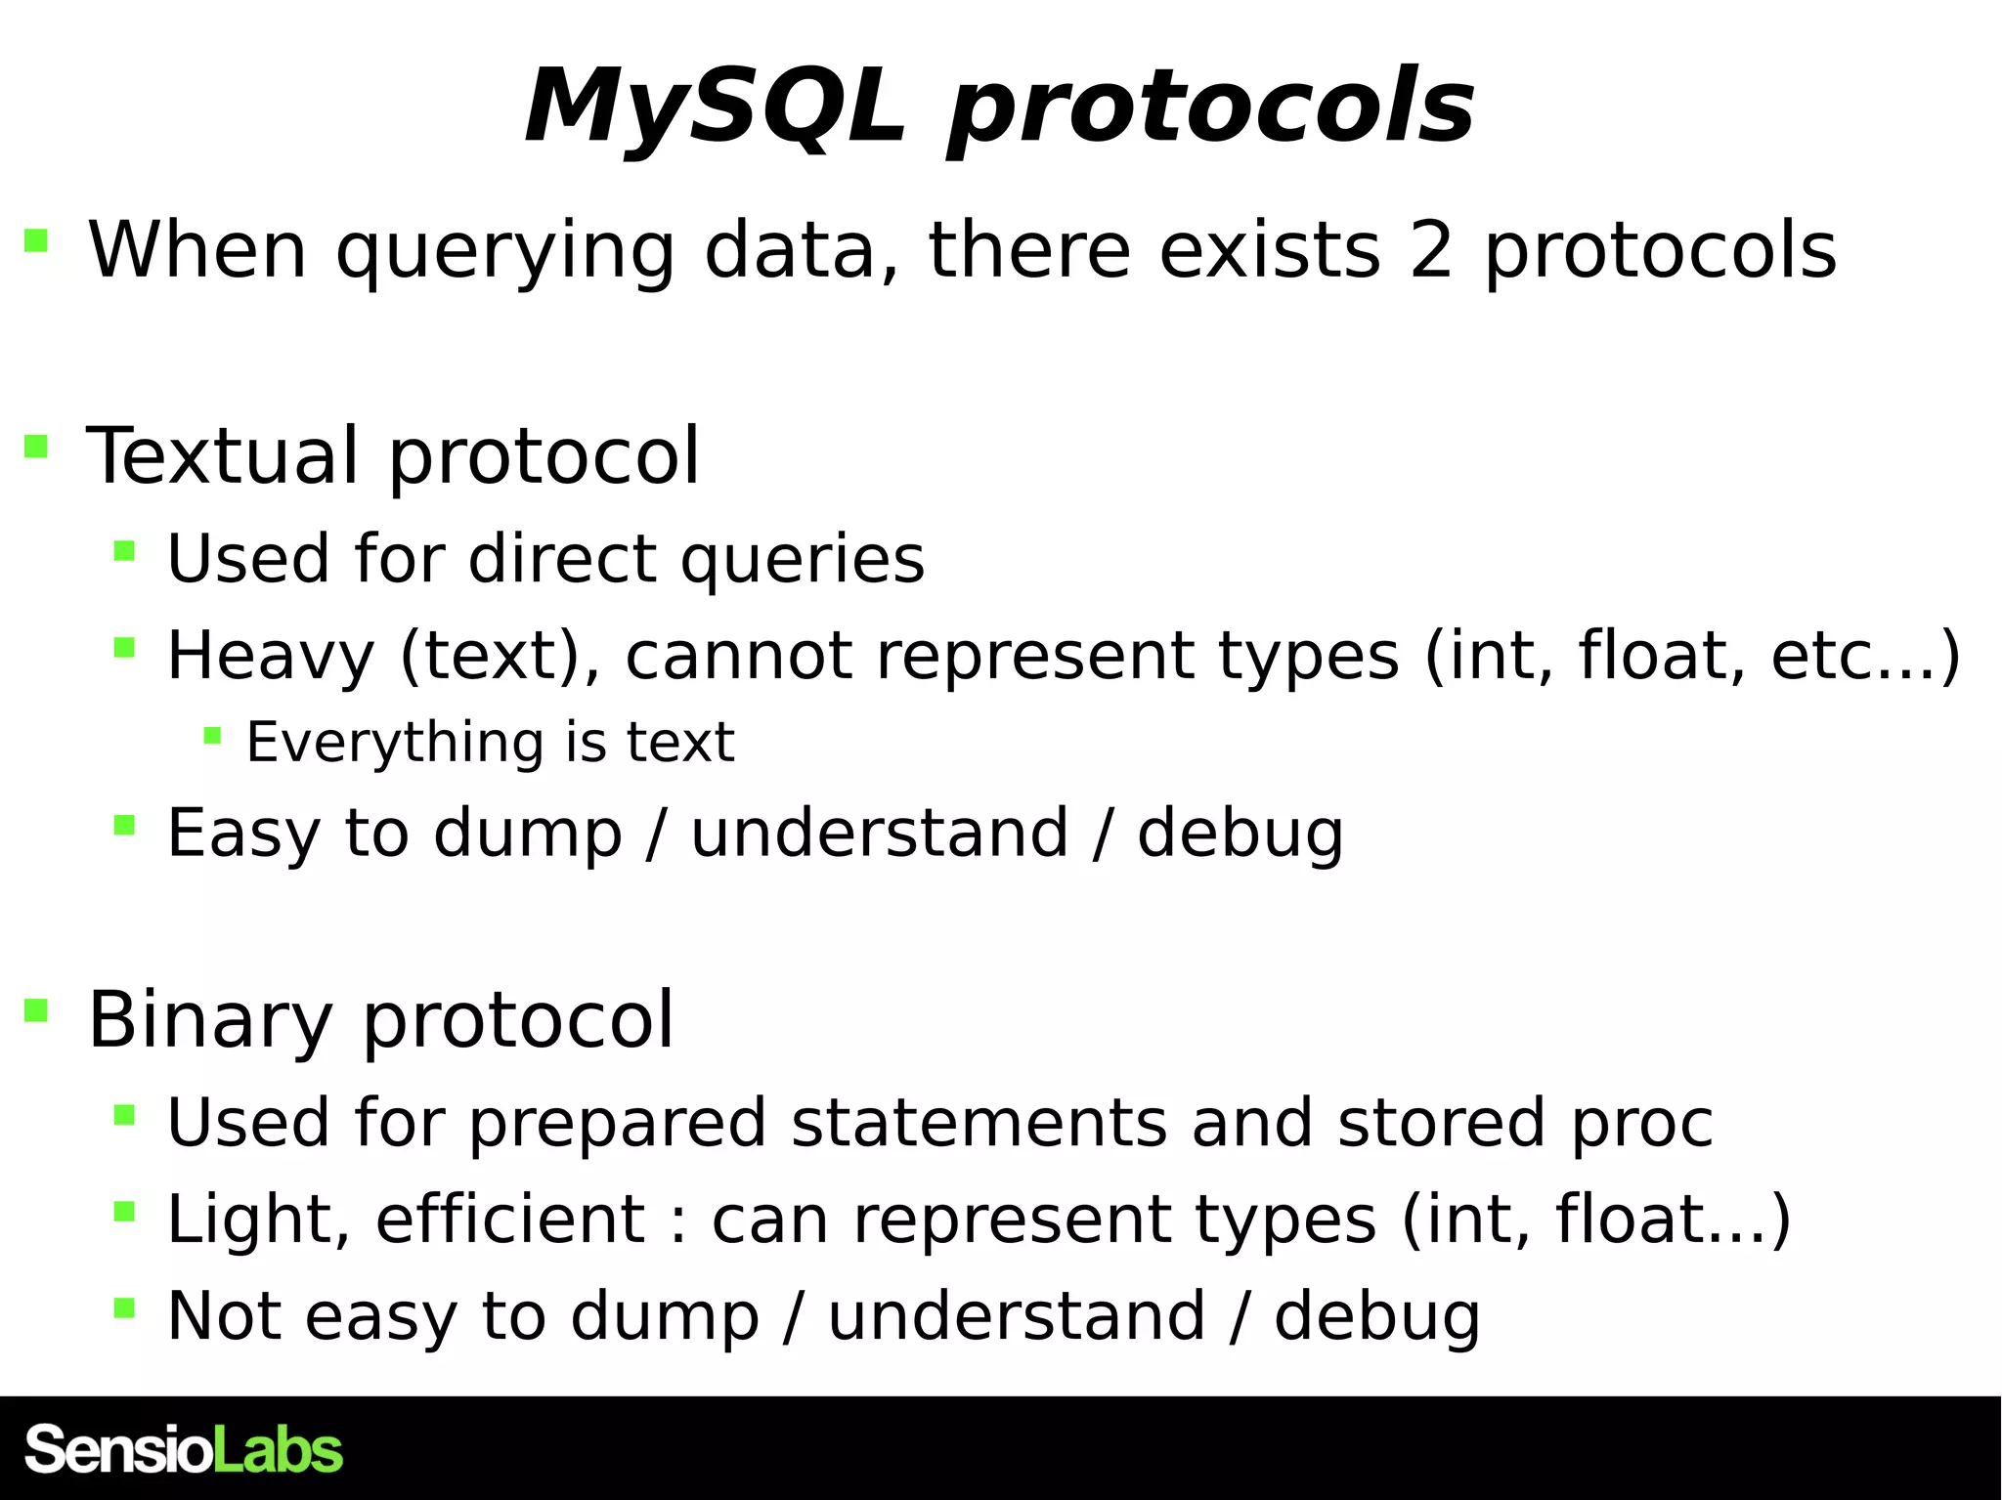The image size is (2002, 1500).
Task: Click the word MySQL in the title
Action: coord(714,107)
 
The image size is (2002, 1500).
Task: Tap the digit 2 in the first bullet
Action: coord(1431,251)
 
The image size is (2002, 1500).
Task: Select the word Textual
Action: coord(223,456)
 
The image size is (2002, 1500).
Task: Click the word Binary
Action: coord(210,1020)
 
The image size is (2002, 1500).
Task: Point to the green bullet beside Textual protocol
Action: coord(36,447)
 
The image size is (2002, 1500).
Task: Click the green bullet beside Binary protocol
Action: coord(36,1009)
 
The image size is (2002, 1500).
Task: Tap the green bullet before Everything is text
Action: coord(212,735)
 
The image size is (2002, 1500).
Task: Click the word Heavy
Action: coord(271,656)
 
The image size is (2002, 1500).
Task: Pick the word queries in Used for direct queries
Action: coord(802,560)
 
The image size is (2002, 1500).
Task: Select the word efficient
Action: coord(509,1220)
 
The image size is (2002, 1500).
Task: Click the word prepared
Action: coord(617,1123)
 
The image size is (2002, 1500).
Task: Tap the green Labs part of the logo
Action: coord(278,1449)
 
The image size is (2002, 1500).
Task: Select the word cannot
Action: coord(738,656)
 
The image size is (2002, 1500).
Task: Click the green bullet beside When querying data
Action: coord(36,240)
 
